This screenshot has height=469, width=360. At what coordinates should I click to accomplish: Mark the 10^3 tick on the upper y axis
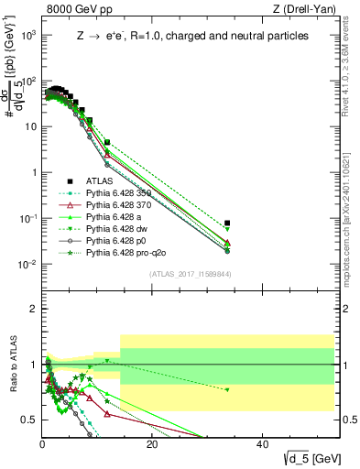click(x=27, y=35)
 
